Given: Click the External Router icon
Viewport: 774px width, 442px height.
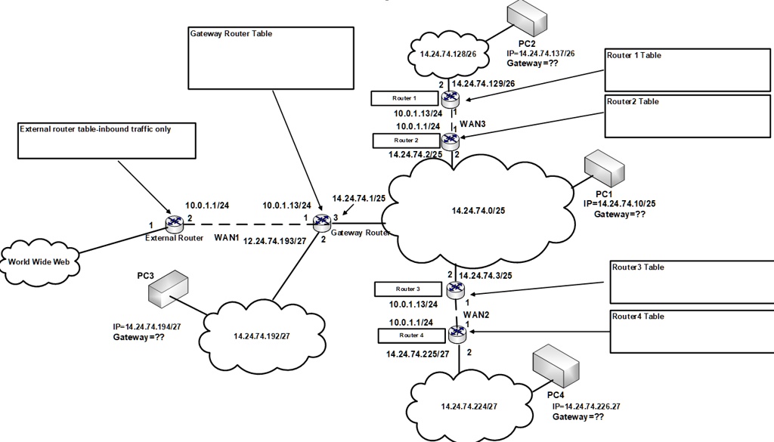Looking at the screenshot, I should tap(175, 223).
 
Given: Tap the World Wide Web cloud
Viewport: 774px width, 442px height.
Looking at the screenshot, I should tap(41, 261).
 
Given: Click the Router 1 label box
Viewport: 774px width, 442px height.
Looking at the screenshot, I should tap(404, 98).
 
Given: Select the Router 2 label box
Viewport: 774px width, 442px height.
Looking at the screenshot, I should tap(406, 141).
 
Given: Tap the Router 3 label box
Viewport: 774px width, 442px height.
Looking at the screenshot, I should tap(407, 289).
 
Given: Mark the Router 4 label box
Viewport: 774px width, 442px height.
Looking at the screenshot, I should tap(411, 335).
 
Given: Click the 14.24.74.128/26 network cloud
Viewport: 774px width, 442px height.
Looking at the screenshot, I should tap(449, 55).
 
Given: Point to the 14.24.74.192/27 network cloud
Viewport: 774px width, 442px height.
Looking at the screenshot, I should tap(262, 335).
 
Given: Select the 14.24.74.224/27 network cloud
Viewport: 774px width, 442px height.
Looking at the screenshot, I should tap(468, 406).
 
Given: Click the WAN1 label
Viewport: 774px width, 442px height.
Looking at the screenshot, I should tap(227, 238).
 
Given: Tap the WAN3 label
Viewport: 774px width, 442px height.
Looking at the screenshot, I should tap(472, 122).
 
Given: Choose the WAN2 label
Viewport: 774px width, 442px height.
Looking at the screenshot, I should tap(476, 314).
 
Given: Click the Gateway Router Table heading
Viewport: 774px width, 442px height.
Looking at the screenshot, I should tap(231, 34).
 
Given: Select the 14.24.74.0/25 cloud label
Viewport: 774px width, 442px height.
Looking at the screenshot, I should tap(478, 210).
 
